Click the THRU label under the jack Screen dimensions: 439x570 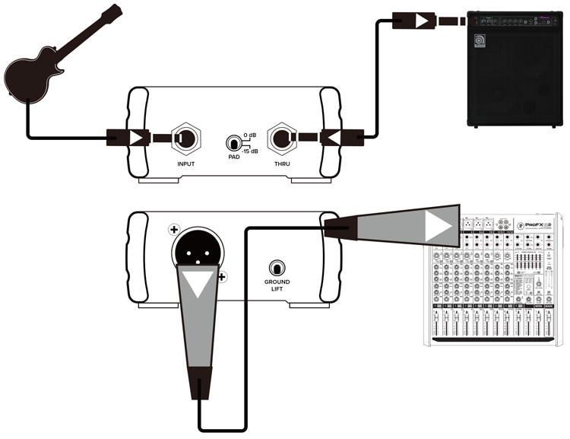click(287, 164)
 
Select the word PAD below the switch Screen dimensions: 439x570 click(233, 157)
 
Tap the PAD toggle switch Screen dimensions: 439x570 click(233, 142)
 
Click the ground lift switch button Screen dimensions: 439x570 click(277, 269)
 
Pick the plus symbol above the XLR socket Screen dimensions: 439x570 click(174, 229)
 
